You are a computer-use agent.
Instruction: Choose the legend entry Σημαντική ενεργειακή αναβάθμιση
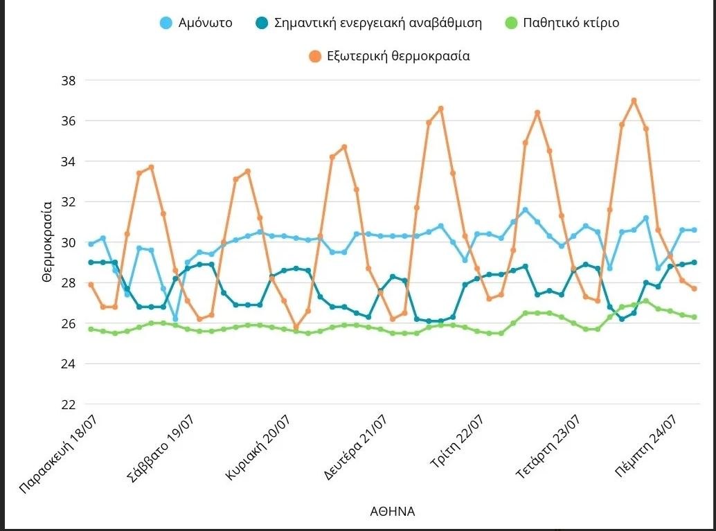(377, 23)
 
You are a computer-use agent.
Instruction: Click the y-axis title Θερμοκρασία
(47, 242)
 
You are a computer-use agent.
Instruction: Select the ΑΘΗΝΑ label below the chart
(392, 512)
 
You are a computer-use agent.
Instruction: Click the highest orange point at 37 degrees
(634, 100)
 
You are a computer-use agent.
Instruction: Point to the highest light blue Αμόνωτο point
(525, 210)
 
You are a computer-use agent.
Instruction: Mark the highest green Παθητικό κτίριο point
(645, 301)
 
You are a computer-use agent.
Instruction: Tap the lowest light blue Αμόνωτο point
(175, 319)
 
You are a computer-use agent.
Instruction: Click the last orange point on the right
(694, 289)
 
